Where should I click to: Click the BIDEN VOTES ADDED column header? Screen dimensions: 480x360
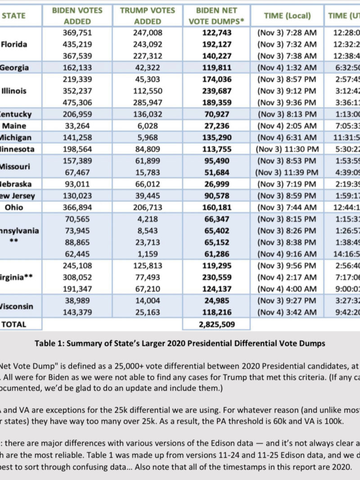(77, 15)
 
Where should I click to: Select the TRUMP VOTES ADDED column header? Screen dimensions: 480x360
(148, 15)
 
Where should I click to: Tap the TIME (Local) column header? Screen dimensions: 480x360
(287, 15)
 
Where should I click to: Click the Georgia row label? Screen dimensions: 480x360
(14, 67)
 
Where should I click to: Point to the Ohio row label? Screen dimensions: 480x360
(14, 207)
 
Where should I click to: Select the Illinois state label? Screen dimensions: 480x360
(14, 91)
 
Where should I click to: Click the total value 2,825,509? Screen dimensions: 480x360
(216, 324)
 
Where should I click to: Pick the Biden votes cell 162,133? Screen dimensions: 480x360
(77, 67)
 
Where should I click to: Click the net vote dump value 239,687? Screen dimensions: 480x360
(216, 91)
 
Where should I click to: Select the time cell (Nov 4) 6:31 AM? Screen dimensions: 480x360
(287, 138)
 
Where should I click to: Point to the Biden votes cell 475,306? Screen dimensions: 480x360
(77, 103)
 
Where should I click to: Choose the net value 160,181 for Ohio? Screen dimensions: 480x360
(216, 207)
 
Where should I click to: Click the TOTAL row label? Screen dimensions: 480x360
(14, 324)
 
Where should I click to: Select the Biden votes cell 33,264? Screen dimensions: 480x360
(77, 126)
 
